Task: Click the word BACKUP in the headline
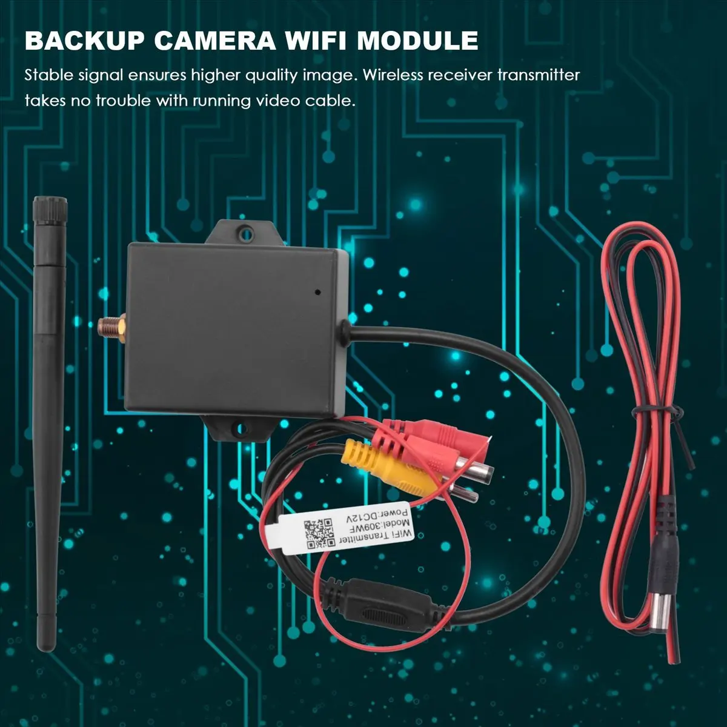[x=84, y=41]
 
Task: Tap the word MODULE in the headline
[x=417, y=41]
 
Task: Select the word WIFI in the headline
[x=316, y=41]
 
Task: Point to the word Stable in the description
[x=49, y=75]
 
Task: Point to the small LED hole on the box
[x=317, y=291]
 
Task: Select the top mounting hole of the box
[x=246, y=234]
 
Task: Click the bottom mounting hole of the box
[x=242, y=428]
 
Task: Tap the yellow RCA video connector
[x=388, y=467]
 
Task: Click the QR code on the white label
[x=319, y=534]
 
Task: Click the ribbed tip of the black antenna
[x=50, y=209]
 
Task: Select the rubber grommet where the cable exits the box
[x=344, y=329]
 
